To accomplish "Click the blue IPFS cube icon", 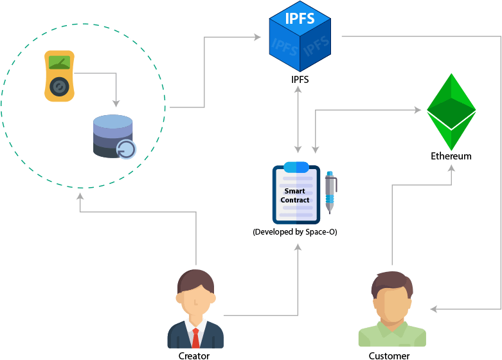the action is click(x=300, y=36).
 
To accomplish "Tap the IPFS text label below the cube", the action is click(x=300, y=80).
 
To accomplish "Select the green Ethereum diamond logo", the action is click(x=451, y=112).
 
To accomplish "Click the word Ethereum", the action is click(x=451, y=156).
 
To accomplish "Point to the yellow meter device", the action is click(x=59, y=76).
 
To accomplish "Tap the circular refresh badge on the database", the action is click(x=127, y=150).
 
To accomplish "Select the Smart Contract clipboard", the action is click(x=296, y=193).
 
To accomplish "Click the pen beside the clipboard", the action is click(x=331, y=192).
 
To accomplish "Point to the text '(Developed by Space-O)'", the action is click(x=295, y=232).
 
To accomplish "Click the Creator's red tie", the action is click(x=195, y=338).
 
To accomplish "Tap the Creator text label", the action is click(x=194, y=355).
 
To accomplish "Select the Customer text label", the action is click(x=389, y=355).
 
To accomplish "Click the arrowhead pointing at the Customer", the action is click(x=433, y=309).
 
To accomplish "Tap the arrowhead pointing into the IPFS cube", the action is click(x=257, y=37).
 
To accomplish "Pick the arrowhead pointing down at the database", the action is click(x=116, y=104).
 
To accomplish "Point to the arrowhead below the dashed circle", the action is click(x=80, y=196).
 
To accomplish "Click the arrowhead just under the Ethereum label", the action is click(x=451, y=168).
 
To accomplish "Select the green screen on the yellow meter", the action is click(x=59, y=62).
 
